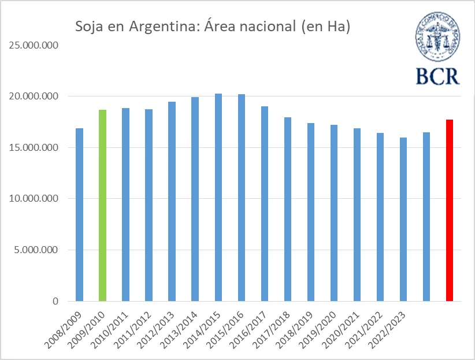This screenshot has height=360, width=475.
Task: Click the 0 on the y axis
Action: [55, 301]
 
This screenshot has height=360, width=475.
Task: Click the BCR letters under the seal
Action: [437, 75]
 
